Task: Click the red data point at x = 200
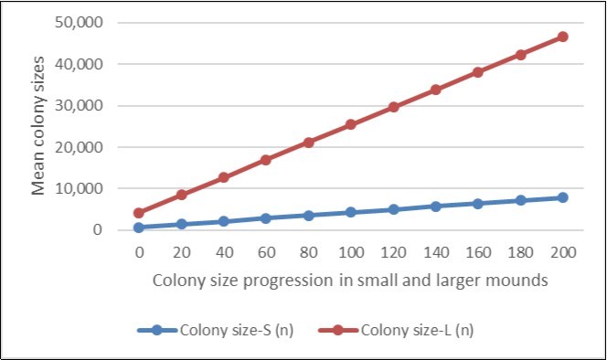pyautogui.click(x=562, y=37)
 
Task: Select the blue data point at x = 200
pyautogui.click(x=562, y=197)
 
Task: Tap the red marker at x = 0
pyautogui.click(x=138, y=213)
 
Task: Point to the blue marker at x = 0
pyautogui.click(x=138, y=227)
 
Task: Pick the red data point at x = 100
pyautogui.click(x=350, y=124)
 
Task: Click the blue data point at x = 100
pyautogui.click(x=350, y=212)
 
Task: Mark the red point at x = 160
pyautogui.click(x=477, y=71)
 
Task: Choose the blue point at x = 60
pyautogui.click(x=265, y=218)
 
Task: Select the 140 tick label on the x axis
pyautogui.click(x=435, y=252)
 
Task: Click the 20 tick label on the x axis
pyautogui.click(x=180, y=252)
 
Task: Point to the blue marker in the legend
pyautogui.click(x=157, y=330)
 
